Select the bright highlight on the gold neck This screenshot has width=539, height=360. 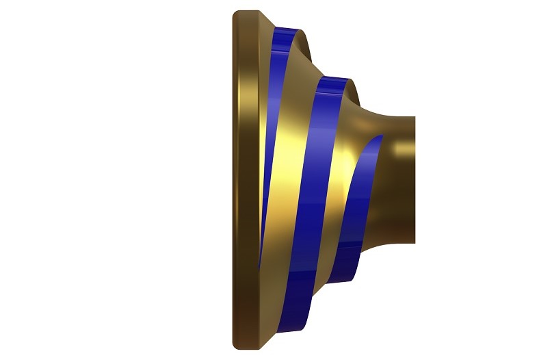[x=400, y=147]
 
